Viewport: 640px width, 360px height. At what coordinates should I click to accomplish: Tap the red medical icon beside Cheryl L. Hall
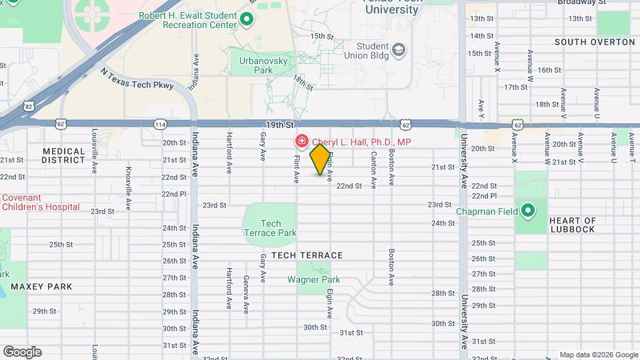[301, 141]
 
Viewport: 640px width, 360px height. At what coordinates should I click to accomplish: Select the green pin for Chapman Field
[528, 211]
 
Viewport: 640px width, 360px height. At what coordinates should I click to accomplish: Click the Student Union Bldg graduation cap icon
[398, 50]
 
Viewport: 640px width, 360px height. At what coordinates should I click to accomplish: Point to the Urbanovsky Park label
[256, 65]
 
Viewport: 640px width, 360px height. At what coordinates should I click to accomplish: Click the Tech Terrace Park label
[269, 228]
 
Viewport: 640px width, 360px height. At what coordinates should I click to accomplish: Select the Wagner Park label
[313, 280]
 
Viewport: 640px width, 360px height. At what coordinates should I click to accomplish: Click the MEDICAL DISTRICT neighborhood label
[63, 155]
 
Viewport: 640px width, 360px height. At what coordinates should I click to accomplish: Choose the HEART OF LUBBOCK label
[572, 225]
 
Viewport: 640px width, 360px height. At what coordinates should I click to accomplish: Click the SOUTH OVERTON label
[595, 42]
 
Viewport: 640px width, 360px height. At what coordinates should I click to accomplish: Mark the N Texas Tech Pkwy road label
[137, 78]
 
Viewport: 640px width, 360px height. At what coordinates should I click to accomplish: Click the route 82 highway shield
[28, 106]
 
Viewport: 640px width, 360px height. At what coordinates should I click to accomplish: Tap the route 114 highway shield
[160, 124]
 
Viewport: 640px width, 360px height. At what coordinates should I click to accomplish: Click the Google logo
[22, 351]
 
